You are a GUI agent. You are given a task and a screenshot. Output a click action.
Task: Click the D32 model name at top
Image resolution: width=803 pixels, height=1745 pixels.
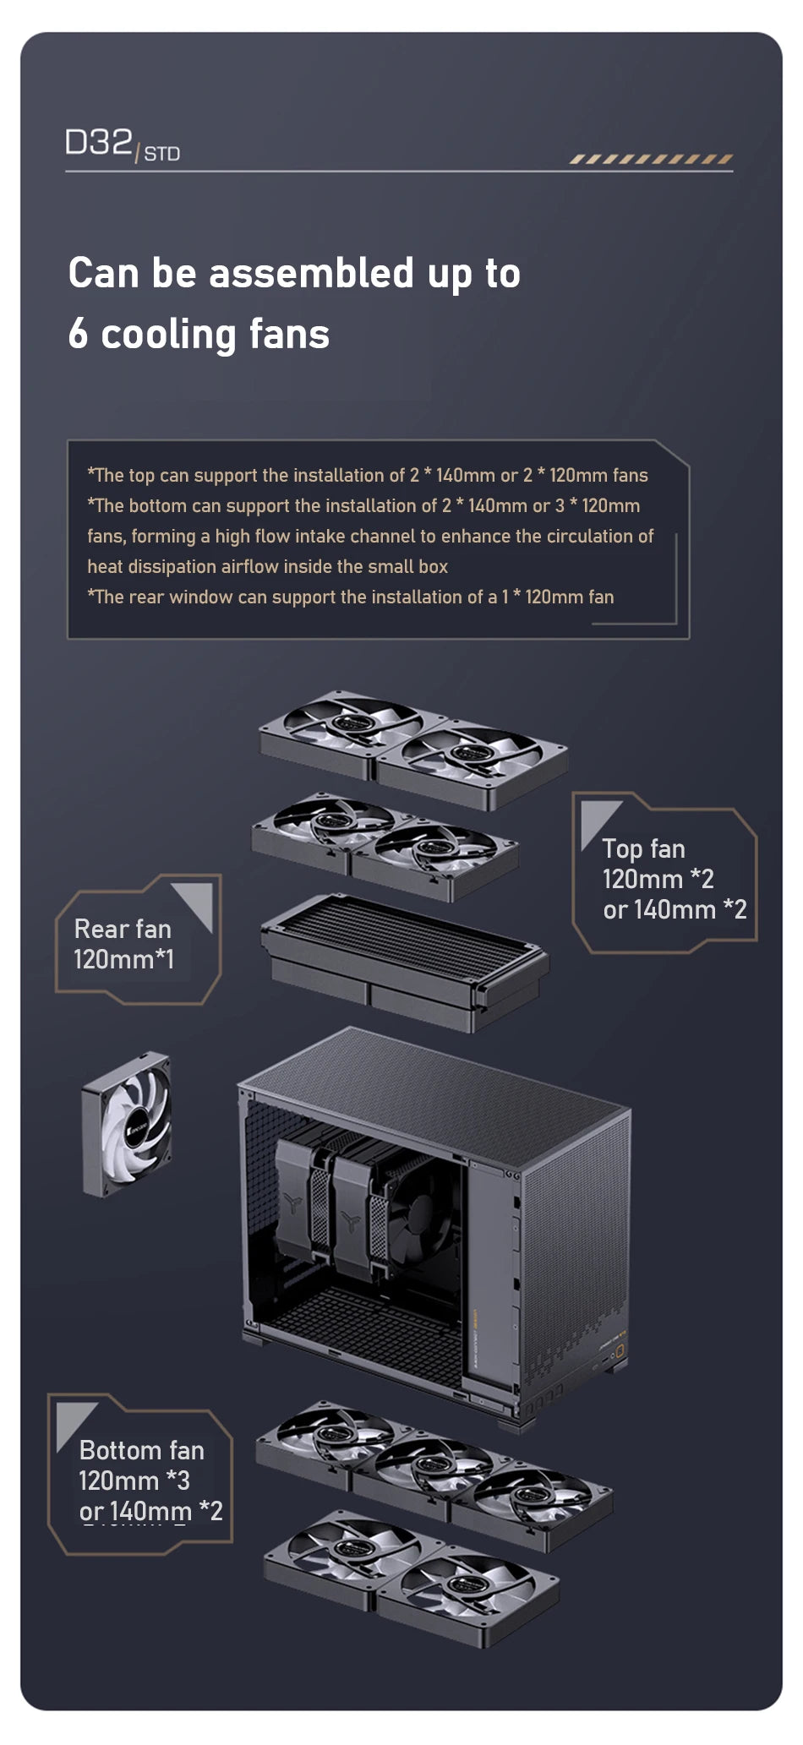[x=98, y=143]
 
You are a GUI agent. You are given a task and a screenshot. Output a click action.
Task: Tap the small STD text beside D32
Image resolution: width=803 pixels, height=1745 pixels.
[x=161, y=154]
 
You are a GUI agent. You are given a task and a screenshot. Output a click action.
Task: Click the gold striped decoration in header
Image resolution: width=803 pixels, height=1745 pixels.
[x=650, y=159]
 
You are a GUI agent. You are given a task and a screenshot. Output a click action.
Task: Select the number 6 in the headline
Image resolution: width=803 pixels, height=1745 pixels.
[x=78, y=334]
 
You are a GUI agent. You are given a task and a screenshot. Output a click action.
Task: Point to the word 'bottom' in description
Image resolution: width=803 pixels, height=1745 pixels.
[x=157, y=506]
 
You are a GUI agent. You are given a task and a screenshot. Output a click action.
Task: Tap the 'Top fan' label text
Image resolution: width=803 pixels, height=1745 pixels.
[x=643, y=849]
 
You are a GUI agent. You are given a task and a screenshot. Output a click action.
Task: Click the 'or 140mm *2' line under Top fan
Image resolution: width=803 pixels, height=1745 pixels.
[x=675, y=910]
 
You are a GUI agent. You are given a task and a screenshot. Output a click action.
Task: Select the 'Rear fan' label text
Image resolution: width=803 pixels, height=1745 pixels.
[x=123, y=930]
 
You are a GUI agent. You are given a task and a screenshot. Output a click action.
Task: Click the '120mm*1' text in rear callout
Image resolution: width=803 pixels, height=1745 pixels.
[x=123, y=960]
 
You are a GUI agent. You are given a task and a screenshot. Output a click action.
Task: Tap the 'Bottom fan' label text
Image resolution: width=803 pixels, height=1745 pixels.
[x=141, y=1451]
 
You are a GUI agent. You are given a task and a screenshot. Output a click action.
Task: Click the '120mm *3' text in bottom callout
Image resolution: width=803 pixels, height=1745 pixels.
[x=134, y=1481]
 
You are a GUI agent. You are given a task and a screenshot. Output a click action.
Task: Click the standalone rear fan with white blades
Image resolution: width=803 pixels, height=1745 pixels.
[x=127, y=1124]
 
